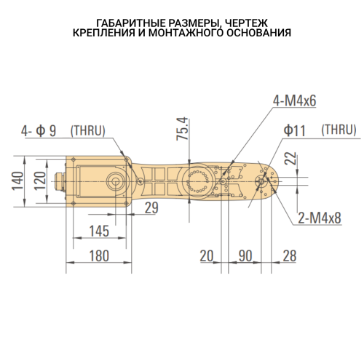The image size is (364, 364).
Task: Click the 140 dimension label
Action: (x=18, y=181)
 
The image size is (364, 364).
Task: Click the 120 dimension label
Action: (x=40, y=181)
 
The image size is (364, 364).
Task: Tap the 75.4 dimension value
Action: (x=183, y=129)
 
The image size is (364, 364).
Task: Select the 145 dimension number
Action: (x=99, y=231)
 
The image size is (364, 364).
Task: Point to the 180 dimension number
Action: (x=99, y=256)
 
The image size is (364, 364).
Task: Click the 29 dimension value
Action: (x=151, y=207)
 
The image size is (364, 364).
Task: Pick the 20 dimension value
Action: (x=207, y=256)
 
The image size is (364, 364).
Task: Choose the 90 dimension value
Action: (x=245, y=256)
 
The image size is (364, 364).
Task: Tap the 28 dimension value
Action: (x=290, y=256)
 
